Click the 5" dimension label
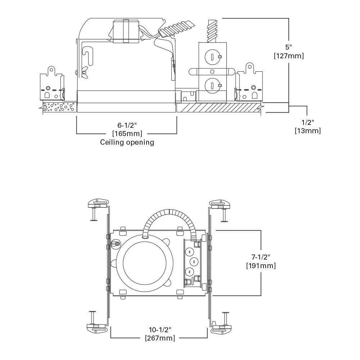(289, 47)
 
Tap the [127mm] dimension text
(289, 56)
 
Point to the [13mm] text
(307, 131)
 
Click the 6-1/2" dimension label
(127, 125)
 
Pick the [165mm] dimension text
(127, 134)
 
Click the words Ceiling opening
(127, 142)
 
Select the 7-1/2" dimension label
(261, 257)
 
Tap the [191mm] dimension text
(261, 266)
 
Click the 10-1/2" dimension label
(160, 329)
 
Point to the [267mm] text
(160, 338)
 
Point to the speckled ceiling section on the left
(59, 107)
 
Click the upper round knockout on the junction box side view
(212, 56)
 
